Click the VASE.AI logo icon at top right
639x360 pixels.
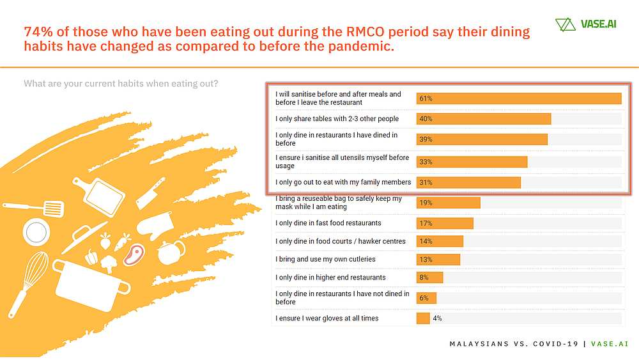[566, 25]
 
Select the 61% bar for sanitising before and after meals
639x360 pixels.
[519, 98]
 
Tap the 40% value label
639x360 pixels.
[426, 119]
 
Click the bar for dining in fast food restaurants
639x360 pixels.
[445, 223]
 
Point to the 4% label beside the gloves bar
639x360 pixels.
[437, 318]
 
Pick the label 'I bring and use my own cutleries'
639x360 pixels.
[325, 259]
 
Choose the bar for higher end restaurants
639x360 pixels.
[429, 278]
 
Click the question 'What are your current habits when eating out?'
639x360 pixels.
[121, 84]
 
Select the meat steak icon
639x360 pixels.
[134, 254]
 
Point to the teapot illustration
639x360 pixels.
[170, 251]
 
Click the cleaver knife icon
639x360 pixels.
[150, 193]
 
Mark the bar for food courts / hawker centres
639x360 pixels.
[440, 241]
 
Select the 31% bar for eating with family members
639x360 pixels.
[468, 182]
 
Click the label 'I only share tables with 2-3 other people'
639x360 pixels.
[337, 119]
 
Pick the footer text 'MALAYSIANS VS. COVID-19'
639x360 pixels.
[514, 344]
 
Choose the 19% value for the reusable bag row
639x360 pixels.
[426, 203]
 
